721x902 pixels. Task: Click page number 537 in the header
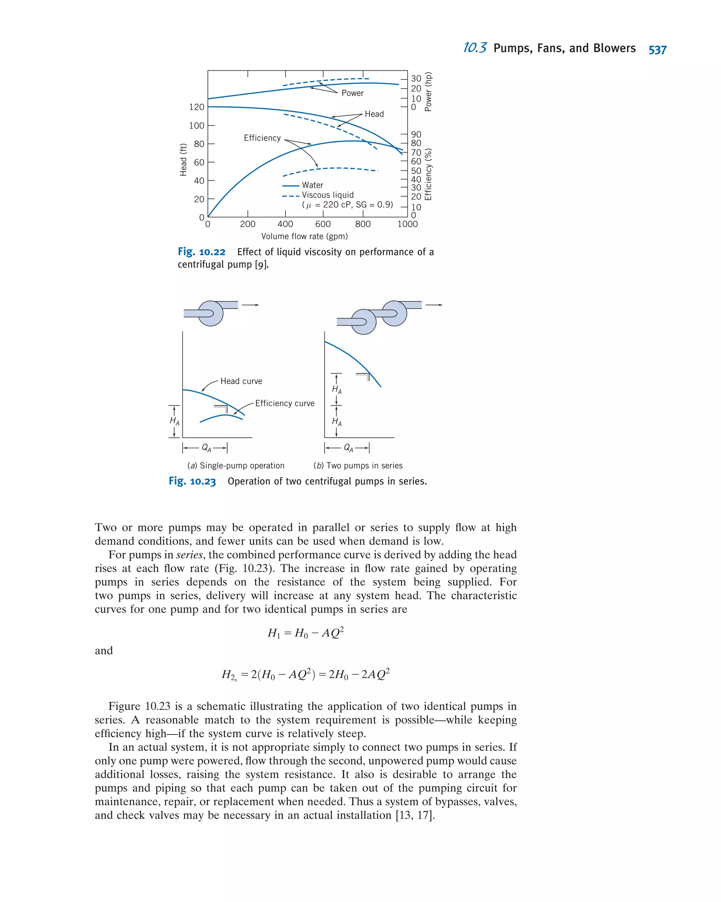click(657, 50)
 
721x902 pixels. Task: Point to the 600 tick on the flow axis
click(322, 224)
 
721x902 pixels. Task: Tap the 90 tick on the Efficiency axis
click(415, 134)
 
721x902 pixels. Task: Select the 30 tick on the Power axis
click(415, 78)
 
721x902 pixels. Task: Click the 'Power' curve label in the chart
click(352, 93)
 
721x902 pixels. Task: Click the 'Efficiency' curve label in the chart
click(262, 138)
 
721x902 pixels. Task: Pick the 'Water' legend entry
click(312, 185)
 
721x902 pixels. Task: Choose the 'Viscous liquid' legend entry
click(327, 195)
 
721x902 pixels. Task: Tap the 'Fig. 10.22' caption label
click(201, 252)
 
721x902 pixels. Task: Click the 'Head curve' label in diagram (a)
click(241, 381)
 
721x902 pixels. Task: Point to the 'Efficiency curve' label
click(284, 403)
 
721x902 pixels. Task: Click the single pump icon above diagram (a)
click(211, 313)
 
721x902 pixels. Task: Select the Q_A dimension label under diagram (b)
click(348, 448)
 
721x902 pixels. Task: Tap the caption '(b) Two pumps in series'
click(358, 466)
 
